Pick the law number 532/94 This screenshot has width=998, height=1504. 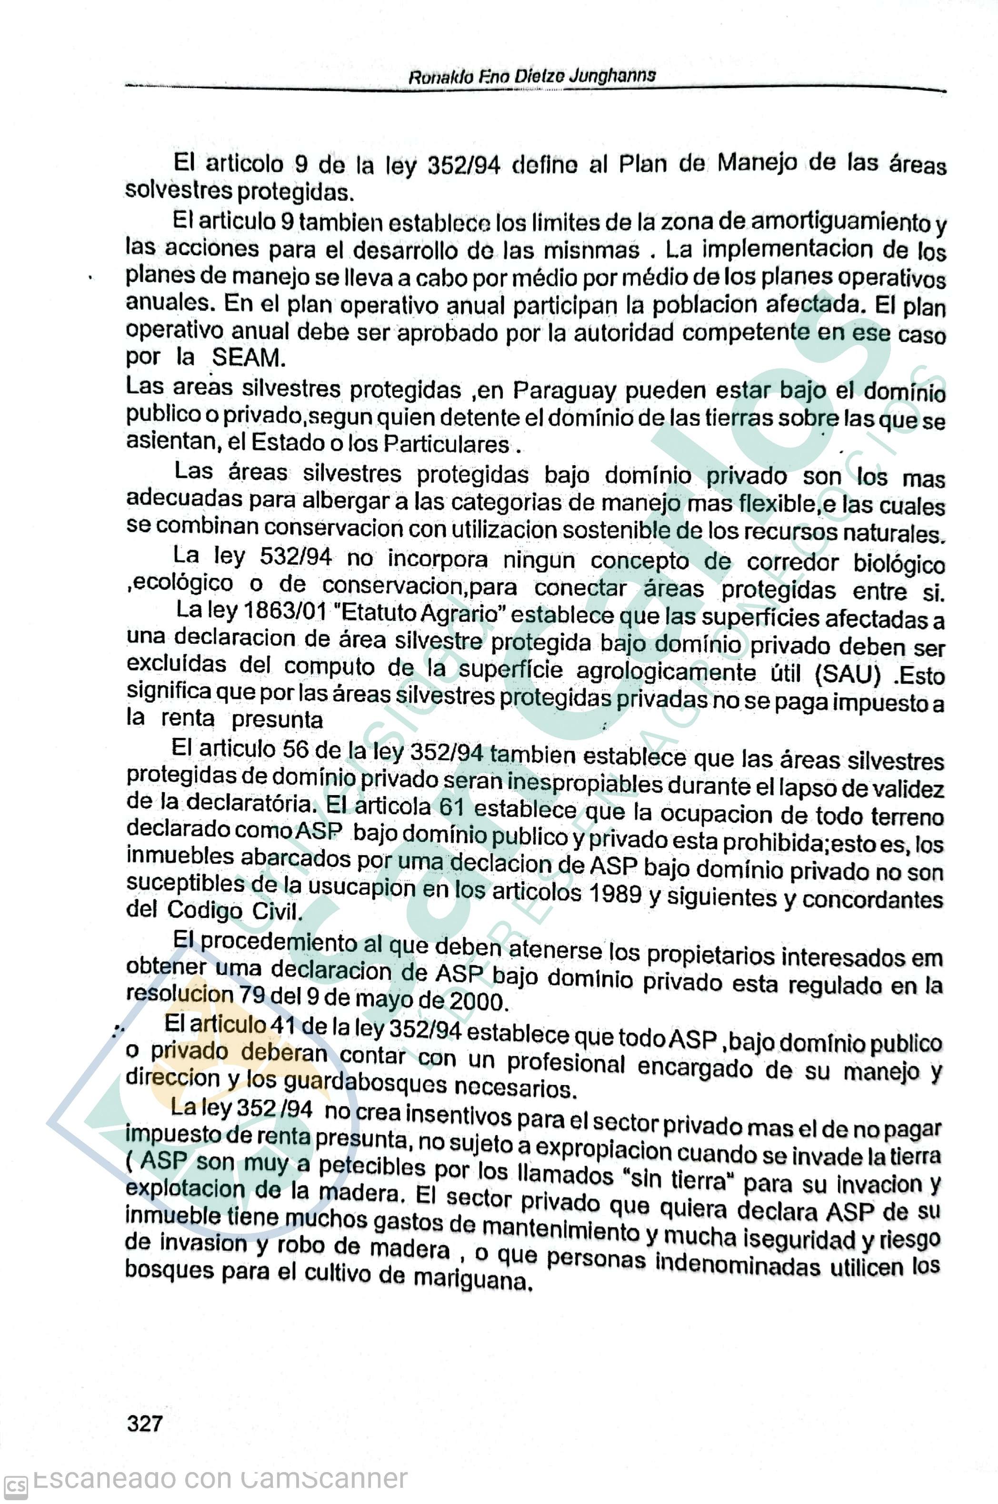click(x=296, y=557)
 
